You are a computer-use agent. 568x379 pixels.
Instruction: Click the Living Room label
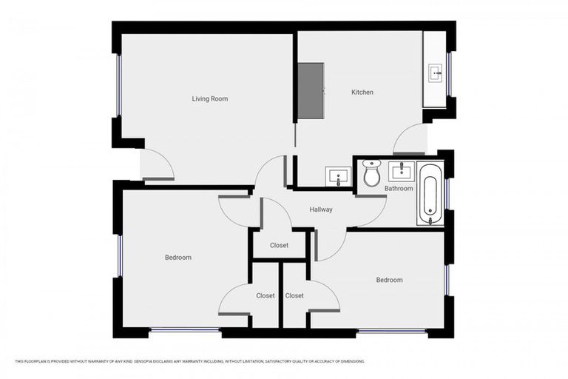209,98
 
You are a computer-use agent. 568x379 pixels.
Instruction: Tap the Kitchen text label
362,93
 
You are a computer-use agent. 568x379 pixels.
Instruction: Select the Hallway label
321,209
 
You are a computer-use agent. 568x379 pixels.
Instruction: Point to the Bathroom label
398,189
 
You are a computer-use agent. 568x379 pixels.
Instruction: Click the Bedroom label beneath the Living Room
177,258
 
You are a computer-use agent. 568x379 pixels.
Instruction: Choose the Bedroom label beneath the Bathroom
389,280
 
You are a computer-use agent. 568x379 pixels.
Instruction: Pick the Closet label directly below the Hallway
279,245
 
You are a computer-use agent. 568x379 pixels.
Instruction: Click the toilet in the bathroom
371,175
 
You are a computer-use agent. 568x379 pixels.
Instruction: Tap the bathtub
430,195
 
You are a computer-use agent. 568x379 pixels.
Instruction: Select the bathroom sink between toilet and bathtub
401,172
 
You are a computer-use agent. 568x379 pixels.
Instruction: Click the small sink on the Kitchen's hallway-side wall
338,177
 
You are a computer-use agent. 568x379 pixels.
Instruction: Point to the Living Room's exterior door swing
157,164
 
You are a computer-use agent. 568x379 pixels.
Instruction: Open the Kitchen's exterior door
411,139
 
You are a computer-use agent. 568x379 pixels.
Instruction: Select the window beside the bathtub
447,194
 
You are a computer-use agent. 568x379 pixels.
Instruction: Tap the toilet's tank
371,164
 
